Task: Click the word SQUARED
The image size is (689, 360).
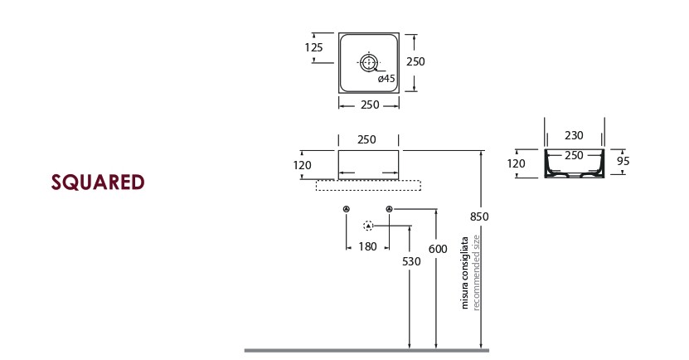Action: click(98, 182)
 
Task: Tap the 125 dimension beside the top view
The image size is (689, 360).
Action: click(313, 47)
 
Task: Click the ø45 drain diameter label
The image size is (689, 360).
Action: click(386, 79)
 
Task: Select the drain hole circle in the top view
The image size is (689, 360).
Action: click(369, 61)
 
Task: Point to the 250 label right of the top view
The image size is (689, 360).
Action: click(415, 62)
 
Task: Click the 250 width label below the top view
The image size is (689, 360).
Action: click(369, 105)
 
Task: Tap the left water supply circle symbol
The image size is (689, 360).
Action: click(347, 208)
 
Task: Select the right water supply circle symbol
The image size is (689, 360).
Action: click(389, 208)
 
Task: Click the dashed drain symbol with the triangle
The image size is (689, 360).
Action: click(368, 225)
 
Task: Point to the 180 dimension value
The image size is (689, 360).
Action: click(367, 246)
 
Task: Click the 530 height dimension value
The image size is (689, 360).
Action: click(410, 261)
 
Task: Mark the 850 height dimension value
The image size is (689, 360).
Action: click(479, 216)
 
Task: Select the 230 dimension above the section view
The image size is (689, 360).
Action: click(574, 135)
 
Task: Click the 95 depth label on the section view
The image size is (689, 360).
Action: click(623, 161)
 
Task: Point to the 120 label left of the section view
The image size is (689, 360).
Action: click(516, 163)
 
